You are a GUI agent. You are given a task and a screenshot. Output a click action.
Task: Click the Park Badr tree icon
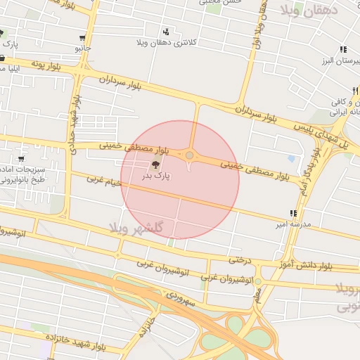[155, 166]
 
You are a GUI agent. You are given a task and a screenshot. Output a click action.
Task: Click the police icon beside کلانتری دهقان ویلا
[166, 32]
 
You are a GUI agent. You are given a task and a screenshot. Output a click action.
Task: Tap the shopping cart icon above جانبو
[83, 38]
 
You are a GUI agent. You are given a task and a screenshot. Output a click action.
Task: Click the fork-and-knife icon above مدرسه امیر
[292, 213]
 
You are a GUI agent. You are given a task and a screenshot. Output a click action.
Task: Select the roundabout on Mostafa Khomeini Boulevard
[190, 155]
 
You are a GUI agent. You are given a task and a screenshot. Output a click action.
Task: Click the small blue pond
[291, 159]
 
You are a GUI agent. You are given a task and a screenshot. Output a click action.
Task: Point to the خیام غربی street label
[104, 181]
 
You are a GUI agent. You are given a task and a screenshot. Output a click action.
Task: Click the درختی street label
[239, 260]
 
